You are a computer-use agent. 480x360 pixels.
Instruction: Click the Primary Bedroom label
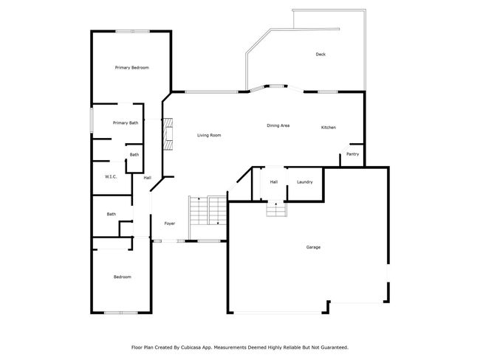tap(132, 68)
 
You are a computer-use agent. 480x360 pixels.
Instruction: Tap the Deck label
tap(320, 55)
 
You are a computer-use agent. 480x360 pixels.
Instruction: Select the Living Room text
tap(209, 135)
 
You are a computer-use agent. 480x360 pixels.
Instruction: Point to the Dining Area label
tap(278, 125)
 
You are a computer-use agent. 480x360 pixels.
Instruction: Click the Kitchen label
tap(329, 127)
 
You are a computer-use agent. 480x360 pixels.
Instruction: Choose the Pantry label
tap(353, 154)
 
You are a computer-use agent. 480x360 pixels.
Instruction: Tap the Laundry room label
tap(304, 182)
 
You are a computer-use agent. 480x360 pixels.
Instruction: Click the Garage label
tap(313, 247)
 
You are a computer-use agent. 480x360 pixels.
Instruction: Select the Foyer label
tap(170, 224)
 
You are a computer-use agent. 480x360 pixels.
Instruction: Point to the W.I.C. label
tap(111, 177)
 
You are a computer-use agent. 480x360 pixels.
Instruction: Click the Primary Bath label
tap(126, 123)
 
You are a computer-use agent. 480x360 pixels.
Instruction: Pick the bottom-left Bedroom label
tap(123, 277)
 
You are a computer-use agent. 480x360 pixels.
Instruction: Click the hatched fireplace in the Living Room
tap(168, 134)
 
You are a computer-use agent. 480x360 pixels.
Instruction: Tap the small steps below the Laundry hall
tap(277, 210)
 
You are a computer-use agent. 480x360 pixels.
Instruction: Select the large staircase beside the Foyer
tap(208, 211)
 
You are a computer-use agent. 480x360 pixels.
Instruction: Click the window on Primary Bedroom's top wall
tap(132, 31)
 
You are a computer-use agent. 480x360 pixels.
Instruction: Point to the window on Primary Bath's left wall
tap(92, 120)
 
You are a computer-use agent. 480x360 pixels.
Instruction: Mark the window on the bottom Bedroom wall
tap(121, 313)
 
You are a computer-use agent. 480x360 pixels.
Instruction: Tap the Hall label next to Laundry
tap(274, 182)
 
